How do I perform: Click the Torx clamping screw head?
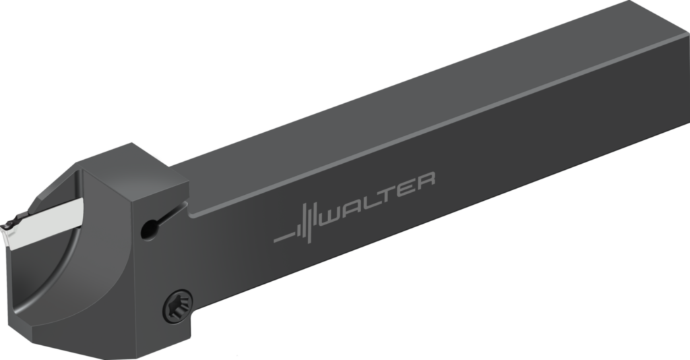[x=178, y=306]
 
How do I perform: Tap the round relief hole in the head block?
[x=149, y=229]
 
